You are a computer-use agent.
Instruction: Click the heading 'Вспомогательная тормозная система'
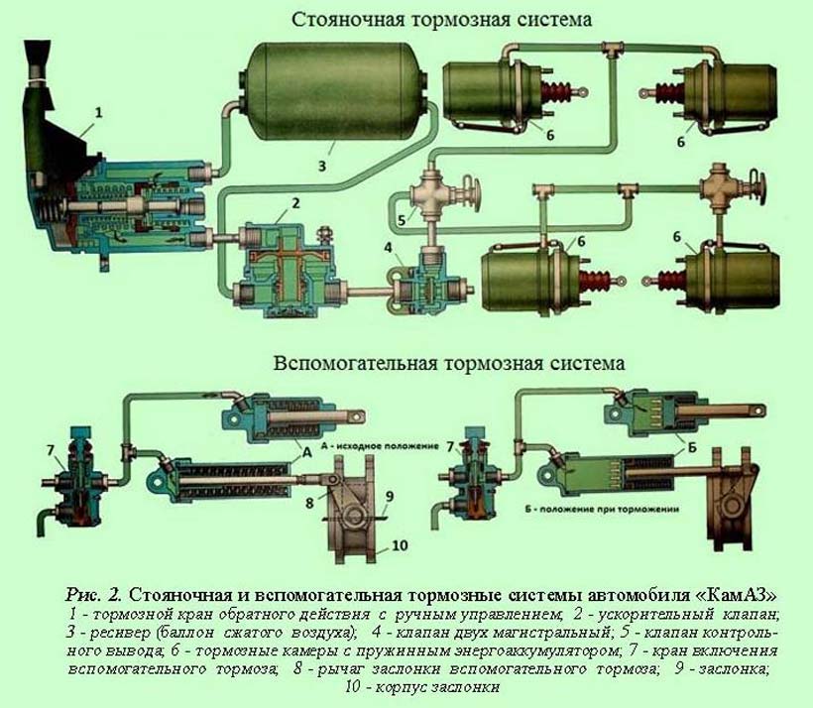(448, 363)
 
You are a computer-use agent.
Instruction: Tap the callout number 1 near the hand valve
(98, 113)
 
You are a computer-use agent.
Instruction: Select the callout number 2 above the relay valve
(293, 205)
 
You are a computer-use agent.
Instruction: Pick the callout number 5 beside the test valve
(403, 220)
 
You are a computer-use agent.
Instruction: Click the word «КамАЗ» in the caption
(736, 595)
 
